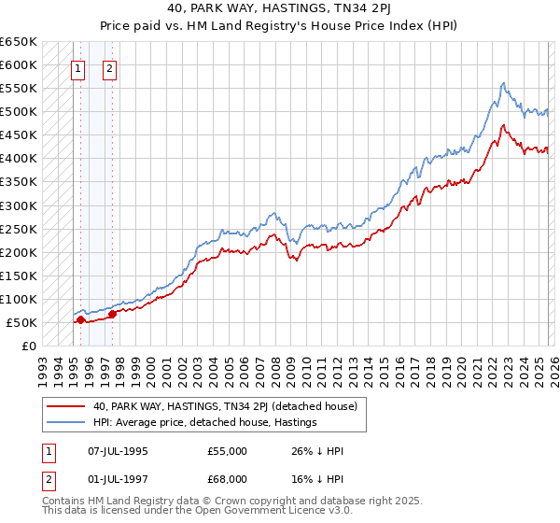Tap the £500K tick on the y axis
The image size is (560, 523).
point(19,112)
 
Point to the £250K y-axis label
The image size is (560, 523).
point(19,229)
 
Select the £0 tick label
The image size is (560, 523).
point(29,346)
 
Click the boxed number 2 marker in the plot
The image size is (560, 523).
point(109,68)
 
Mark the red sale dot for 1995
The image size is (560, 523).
point(80,320)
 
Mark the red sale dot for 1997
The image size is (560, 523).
point(112,315)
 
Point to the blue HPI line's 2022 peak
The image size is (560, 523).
point(503,84)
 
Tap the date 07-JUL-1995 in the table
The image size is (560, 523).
point(118,451)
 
